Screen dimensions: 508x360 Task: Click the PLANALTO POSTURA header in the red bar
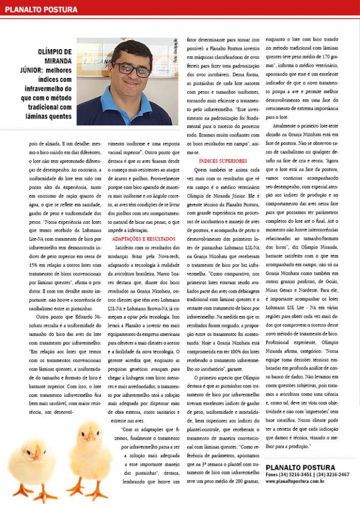[41, 9]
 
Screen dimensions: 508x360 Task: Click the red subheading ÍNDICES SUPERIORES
[223, 160]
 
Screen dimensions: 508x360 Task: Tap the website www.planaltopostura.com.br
[299, 481]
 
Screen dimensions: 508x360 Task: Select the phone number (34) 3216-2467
[333, 475]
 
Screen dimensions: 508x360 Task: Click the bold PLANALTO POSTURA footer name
[300, 467]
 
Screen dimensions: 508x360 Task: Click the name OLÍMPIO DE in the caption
[55, 52]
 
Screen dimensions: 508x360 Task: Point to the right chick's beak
[91, 437]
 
